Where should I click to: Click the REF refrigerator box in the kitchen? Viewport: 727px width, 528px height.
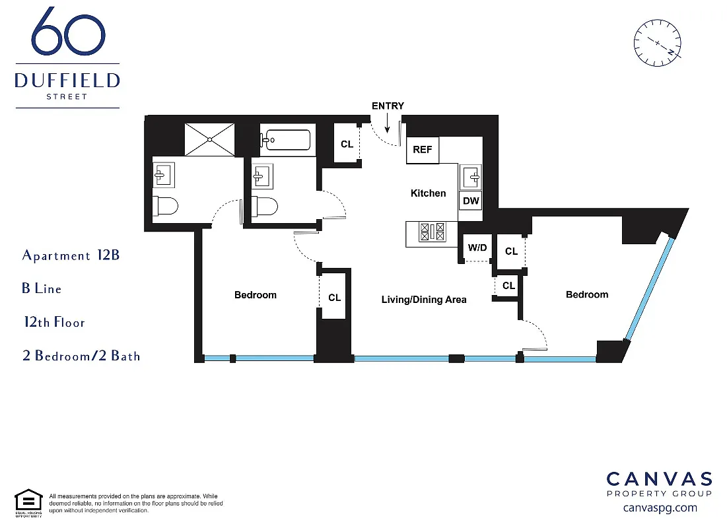pos(423,150)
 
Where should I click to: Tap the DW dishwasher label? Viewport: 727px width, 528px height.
pos(471,201)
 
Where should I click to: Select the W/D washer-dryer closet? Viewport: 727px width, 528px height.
pos(477,248)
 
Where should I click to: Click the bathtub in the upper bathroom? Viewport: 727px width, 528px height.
pos(285,140)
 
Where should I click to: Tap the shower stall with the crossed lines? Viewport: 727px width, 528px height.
pos(209,139)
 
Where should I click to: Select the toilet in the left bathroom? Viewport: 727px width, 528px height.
pos(165,207)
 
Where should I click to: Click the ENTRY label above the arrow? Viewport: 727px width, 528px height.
pos(388,106)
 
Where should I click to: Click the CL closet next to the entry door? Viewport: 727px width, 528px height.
pos(347,144)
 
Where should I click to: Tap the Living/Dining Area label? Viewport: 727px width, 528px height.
pos(424,300)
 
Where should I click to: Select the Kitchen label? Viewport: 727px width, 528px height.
pos(429,193)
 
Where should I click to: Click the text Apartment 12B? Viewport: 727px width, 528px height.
pos(71,255)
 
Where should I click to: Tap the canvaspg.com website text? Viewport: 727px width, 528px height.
pos(660,508)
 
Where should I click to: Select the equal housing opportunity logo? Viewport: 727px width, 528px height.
pos(28,502)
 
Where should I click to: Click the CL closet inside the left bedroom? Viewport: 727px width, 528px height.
pos(335,297)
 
